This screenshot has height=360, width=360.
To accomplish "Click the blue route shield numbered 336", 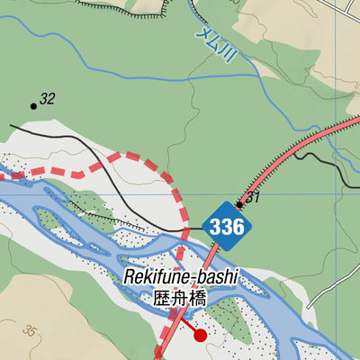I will coord(226,227).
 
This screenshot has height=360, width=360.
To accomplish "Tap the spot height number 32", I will coord(48,99).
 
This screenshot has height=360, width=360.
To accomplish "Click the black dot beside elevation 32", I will coord(34,106).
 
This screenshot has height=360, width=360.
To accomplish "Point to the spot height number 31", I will coord(253,197).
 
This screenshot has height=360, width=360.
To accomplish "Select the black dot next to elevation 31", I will coord(239,204).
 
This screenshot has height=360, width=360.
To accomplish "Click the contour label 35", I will coord(33,330).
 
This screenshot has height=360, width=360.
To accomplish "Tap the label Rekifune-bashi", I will coord(180,277).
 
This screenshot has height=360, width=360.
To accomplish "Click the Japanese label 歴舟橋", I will coord(180,299).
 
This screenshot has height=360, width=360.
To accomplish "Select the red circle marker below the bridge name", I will coord(201,335).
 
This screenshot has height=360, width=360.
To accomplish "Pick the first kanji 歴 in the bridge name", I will coord(162,299).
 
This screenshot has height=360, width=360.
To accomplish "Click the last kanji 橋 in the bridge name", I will coord(199,299).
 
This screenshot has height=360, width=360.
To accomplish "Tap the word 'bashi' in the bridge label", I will coord(215,277).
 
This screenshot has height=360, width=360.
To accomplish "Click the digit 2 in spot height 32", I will coord(51,99).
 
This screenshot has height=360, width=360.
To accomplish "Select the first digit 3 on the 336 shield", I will coord(215,227).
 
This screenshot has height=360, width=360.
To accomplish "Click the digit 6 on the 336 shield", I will coord(238,227).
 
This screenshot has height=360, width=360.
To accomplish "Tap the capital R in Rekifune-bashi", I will coord(130,277).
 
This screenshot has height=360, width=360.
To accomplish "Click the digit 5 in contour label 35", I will coord(37,331).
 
